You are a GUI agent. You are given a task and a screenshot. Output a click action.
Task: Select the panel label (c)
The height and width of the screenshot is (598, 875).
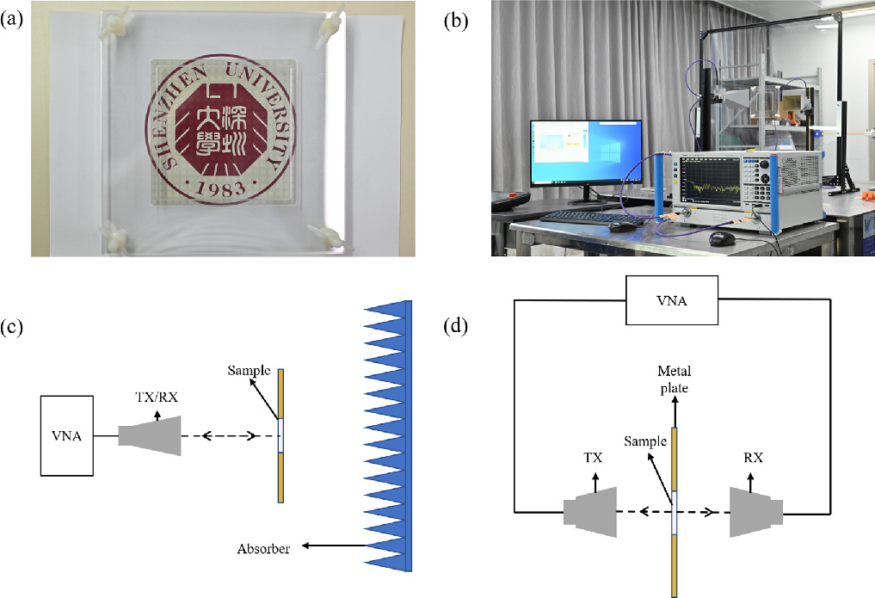15,327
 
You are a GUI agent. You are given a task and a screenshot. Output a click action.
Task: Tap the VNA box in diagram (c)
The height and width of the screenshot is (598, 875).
67,435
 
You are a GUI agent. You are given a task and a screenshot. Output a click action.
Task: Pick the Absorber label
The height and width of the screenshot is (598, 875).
265,546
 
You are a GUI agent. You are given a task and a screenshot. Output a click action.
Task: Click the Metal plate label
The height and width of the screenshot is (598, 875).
675,379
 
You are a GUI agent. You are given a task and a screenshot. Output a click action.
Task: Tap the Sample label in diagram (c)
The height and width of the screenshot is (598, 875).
249,371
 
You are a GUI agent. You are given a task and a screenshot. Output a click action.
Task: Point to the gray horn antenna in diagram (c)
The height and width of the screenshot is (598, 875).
149,436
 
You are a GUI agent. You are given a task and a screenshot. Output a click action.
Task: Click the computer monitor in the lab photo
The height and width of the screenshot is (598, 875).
585,152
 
